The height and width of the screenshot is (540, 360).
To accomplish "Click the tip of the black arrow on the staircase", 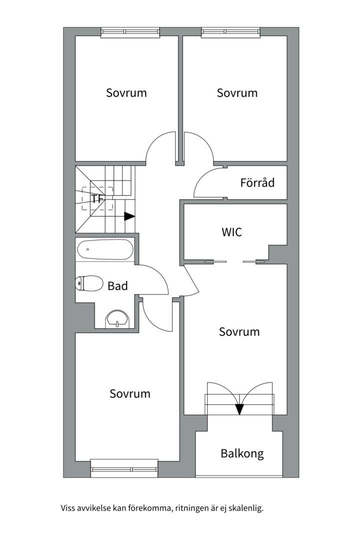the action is [134, 216].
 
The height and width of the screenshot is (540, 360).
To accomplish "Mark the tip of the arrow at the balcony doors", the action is [239, 414].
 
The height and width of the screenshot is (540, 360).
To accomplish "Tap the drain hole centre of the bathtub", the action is [88, 249].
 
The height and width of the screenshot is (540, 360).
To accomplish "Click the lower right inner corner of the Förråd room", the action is [287, 198].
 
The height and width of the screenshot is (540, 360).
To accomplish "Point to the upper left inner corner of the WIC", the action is [184, 204].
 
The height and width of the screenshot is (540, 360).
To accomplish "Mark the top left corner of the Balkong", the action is [196, 431].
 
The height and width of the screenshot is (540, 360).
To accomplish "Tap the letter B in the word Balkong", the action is [224, 453].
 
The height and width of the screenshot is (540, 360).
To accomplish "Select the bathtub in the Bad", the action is [104, 250].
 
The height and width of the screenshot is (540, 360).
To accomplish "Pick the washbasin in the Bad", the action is [117, 318].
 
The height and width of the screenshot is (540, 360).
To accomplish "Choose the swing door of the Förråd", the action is [209, 182].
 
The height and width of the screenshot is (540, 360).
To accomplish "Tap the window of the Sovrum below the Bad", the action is [124, 468].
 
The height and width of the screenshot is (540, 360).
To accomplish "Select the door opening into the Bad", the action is [153, 279].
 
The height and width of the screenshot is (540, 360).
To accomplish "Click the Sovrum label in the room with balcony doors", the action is [239, 331].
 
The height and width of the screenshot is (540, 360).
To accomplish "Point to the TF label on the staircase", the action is [97, 198].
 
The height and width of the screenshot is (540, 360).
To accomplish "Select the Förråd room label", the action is [257, 182].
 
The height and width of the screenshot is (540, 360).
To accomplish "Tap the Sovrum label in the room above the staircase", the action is [126, 92].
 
